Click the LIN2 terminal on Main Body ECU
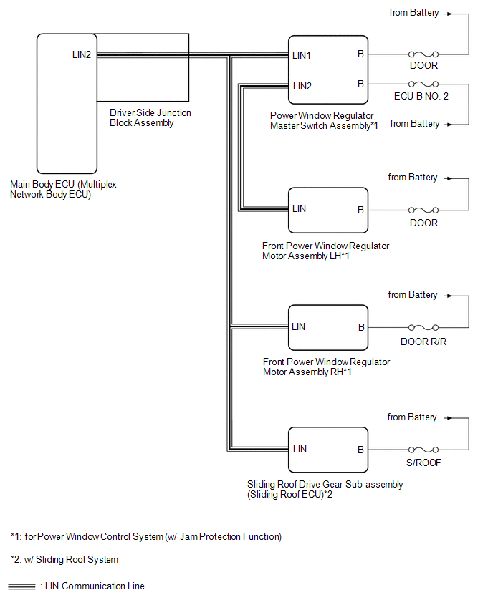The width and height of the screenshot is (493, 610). point(82,55)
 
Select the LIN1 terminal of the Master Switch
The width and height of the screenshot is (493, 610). point(302,56)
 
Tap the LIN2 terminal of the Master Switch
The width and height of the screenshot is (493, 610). point(302,86)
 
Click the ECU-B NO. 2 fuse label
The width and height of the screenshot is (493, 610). point(421,96)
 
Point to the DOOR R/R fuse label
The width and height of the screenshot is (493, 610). point(423,342)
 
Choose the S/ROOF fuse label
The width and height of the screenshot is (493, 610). point(423,463)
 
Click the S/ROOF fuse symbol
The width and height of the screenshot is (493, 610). point(423,450)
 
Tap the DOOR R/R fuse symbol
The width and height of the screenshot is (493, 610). point(423,328)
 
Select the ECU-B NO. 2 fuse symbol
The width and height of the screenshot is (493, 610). point(423,84)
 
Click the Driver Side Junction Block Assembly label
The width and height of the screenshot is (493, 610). point(150,117)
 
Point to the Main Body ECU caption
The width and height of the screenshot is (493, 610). point(63,189)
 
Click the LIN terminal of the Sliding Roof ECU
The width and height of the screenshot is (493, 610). point(300,450)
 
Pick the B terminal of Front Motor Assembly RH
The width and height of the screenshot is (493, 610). point(361,328)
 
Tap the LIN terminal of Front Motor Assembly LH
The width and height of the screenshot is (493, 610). point(299,209)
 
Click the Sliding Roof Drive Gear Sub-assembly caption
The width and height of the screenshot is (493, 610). point(325,489)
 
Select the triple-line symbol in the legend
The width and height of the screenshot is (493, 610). point(21,586)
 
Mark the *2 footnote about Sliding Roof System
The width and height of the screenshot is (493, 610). point(64,559)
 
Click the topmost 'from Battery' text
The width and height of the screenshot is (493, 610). point(414,13)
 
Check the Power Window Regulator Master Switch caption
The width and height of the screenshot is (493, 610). point(324,120)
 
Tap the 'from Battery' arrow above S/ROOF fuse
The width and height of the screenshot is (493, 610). point(449,418)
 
